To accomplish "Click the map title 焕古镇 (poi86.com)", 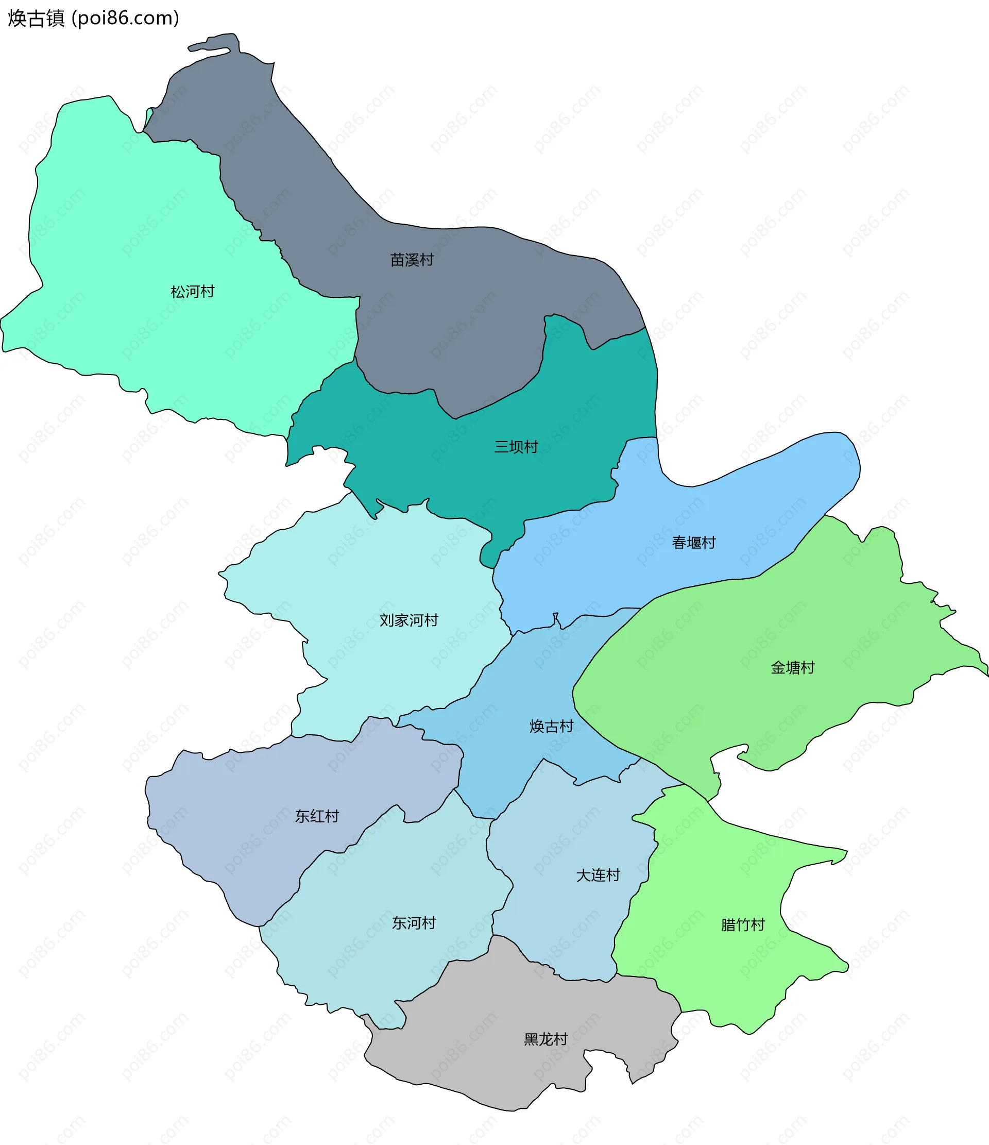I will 93,18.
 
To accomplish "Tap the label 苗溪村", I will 412,260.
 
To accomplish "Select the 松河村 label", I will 192,291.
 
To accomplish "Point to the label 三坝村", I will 516,446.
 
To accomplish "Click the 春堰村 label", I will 693,543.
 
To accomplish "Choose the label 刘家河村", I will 409,620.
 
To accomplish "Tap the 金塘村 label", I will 792,667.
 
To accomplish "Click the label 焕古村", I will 551,726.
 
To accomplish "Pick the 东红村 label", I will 317,816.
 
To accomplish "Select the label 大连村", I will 598,875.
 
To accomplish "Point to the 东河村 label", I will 414,922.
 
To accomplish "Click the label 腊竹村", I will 743,924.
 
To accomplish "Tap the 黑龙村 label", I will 545,1039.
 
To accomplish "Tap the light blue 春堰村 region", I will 774,486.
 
